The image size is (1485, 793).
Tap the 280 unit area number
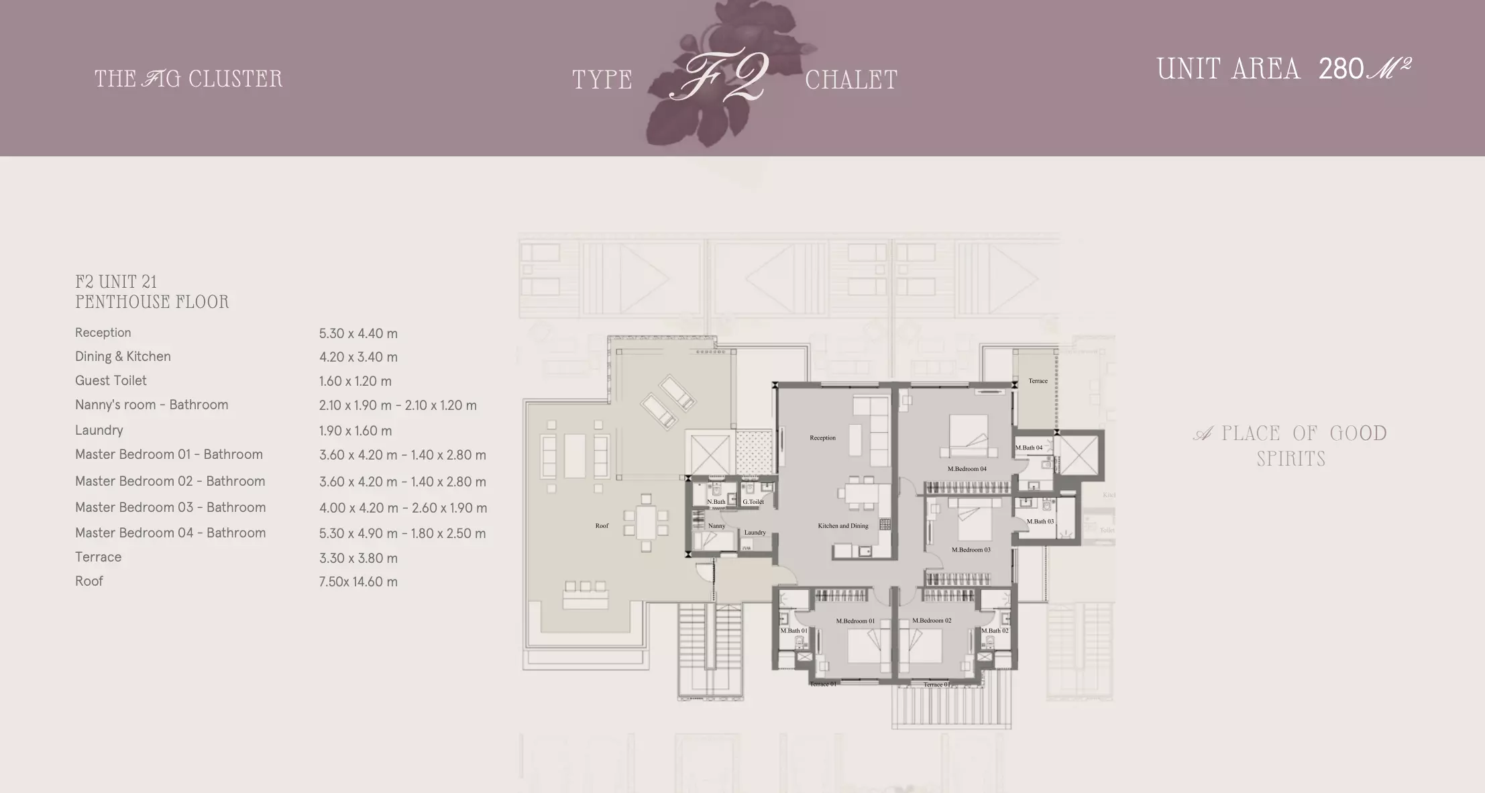click(x=1341, y=69)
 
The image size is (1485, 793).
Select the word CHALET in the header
click(x=850, y=81)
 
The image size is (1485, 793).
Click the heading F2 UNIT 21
click(x=116, y=282)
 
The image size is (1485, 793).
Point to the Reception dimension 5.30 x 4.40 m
click(x=358, y=333)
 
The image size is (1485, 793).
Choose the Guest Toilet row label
click(x=111, y=380)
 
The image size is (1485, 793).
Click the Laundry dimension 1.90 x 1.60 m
click(x=355, y=431)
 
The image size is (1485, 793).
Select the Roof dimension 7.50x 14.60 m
click(x=358, y=582)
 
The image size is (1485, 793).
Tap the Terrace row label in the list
click(x=99, y=557)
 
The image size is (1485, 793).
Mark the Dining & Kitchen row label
click(x=123, y=356)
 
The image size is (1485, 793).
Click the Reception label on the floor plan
click(x=822, y=438)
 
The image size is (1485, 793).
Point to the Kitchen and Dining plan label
click(x=842, y=526)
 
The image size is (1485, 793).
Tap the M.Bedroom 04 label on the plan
click(x=967, y=469)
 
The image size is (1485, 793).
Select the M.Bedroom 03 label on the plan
click(x=971, y=550)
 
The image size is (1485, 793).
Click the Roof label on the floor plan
click(x=602, y=526)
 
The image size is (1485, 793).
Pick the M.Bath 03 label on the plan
click(x=1040, y=521)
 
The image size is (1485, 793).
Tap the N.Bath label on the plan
click(x=716, y=502)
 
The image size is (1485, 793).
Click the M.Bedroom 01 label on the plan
click(x=855, y=621)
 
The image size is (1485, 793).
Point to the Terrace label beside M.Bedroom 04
click(x=1038, y=381)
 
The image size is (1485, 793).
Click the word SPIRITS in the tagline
click(x=1290, y=460)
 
